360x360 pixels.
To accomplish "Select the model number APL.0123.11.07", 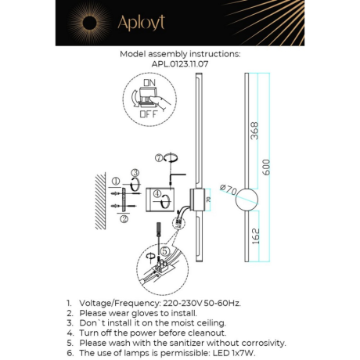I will (180, 65).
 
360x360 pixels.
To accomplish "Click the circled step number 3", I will (135, 173).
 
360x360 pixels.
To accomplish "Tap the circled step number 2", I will (124, 219).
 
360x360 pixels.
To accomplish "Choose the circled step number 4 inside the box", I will (157, 193).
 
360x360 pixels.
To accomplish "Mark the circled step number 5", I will (164, 250).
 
